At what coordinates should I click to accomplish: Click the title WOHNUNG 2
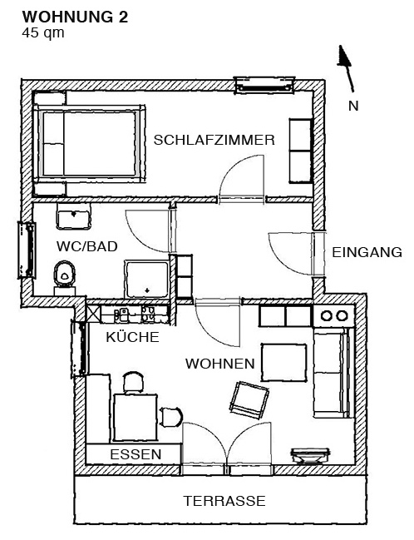[x=75, y=17]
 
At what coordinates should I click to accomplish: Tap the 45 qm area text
[x=43, y=33]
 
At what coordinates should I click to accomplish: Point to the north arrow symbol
[x=346, y=68]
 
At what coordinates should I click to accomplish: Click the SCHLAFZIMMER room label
[x=214, y=140]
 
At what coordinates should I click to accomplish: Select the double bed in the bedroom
[x=90, y=143]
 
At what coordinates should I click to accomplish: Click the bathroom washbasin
[x=74, y=216]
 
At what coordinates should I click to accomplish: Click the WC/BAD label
[x=87, y=246]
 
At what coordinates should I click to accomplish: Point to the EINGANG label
[x=367, y=252]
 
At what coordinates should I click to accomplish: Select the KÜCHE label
[x=132, y=337]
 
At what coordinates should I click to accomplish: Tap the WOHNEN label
[x=220, y=364]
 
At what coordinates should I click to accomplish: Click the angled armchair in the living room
[x=249, y=400]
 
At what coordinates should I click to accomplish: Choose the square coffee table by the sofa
[x=284, y=362]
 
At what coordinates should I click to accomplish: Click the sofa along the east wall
[x=333, y=373]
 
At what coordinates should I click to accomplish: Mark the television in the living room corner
[x=310, y=456]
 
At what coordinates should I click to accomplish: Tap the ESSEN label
[x=136, y=454]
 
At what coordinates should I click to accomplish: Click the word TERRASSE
[x=224, y=501]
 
